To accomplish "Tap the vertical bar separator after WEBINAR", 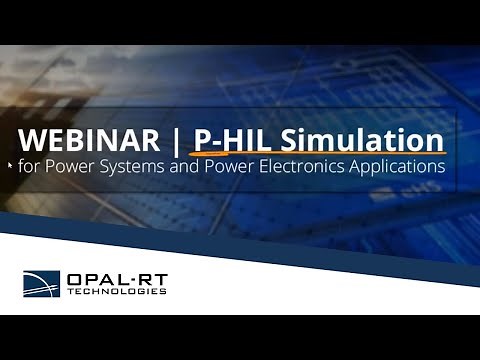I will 179,137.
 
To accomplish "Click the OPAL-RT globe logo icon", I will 42,283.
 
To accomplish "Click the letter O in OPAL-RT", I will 75,278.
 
